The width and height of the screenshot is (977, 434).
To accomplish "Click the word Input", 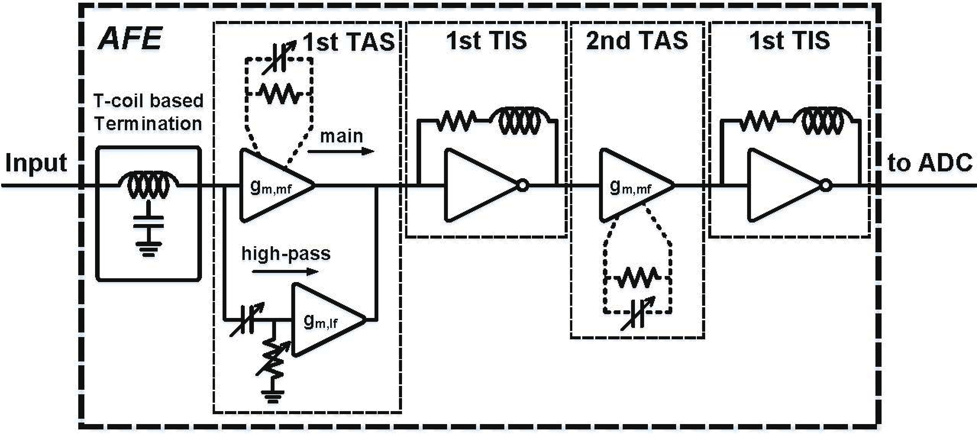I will pos(36,163).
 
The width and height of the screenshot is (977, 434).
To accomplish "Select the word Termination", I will pos(148,124).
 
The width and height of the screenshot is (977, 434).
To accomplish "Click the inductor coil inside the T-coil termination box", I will pos(149,186).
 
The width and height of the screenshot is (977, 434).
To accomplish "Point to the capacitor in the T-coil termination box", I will pos(149,222).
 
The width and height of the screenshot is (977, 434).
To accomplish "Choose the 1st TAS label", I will pos(349,42).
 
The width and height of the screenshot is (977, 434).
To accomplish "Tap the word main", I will pos(341,136).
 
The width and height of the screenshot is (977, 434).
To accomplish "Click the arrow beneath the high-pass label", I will pos(285,272).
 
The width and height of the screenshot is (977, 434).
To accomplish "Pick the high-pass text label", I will pos(286,254).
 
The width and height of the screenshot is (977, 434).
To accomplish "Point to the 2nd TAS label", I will pos(637,40).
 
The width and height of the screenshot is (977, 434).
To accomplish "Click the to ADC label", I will pos(929,163).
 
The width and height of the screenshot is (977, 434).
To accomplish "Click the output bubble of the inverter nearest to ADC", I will pos(826,186).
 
